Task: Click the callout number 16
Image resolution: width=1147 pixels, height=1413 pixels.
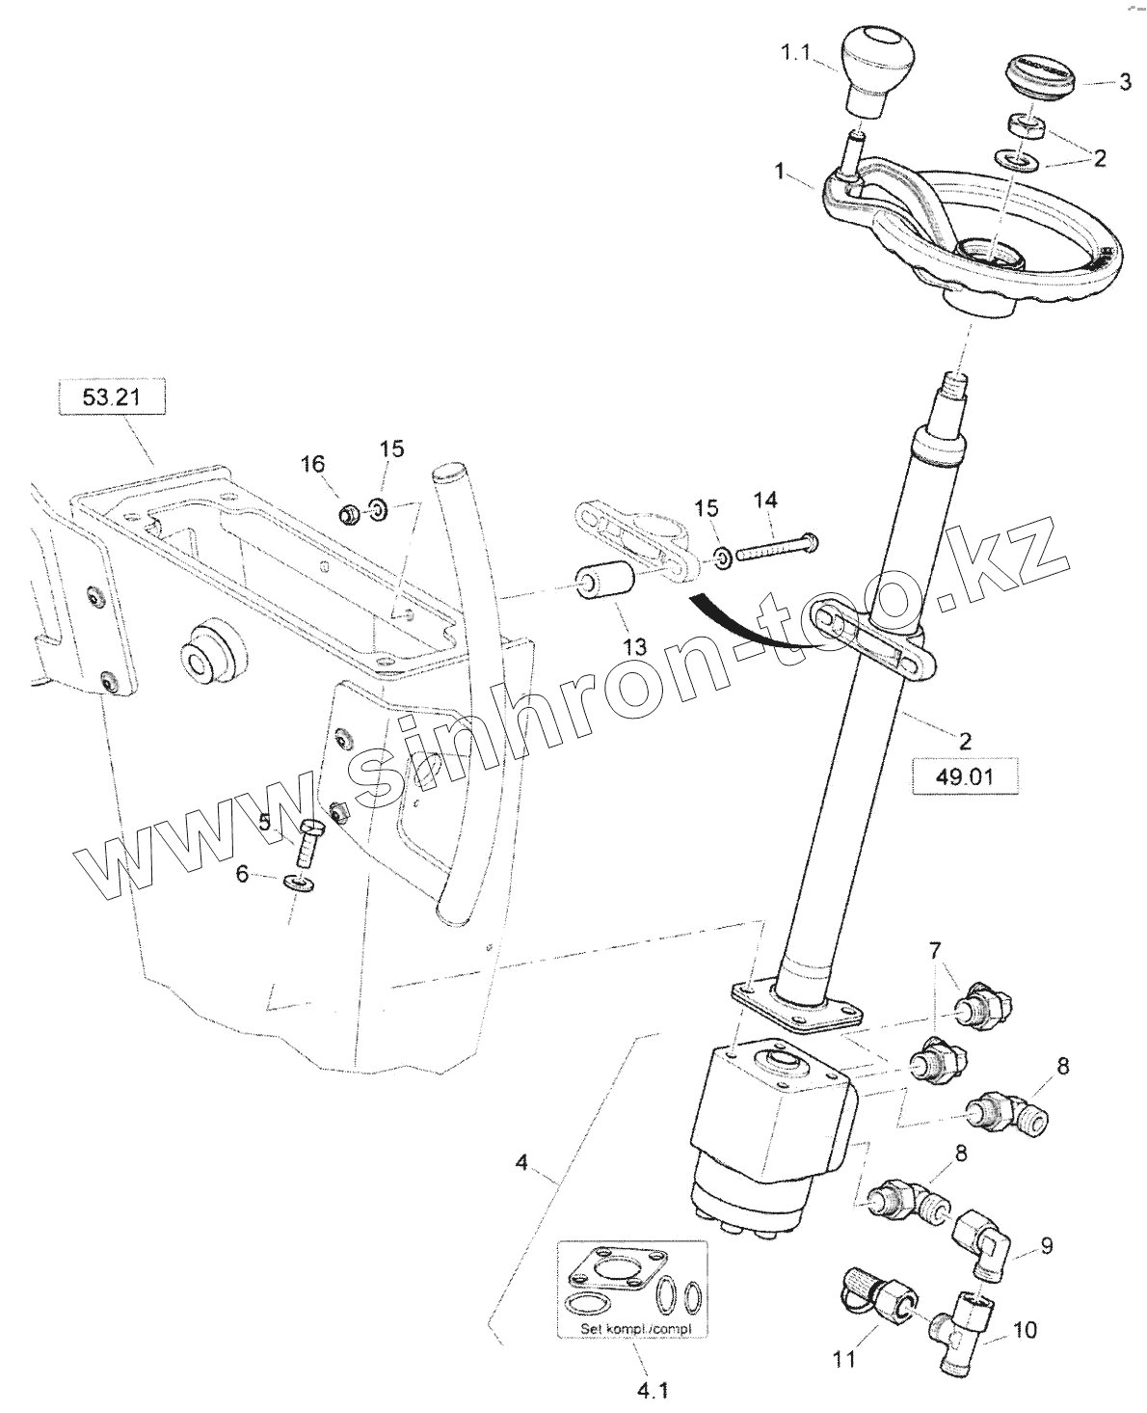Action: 313,463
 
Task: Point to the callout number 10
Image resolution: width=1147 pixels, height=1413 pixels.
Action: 1026,1330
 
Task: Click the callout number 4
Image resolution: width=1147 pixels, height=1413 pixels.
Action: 521,1162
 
